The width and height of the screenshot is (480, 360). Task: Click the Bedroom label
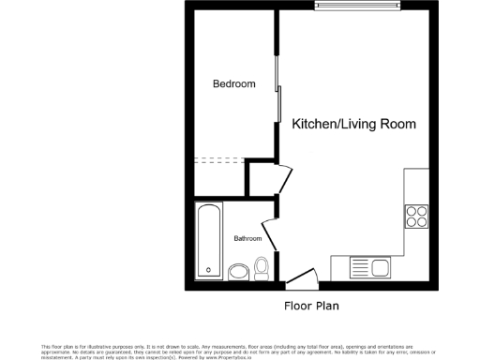233,84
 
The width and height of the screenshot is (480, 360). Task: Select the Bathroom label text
247,239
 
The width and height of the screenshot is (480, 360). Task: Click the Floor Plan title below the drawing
311,306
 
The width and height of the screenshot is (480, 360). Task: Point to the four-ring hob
415,217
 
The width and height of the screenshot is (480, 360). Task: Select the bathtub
208,241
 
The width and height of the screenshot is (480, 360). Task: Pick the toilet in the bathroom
262,269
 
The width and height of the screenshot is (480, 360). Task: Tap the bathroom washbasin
239,272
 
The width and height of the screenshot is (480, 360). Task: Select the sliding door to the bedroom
277,89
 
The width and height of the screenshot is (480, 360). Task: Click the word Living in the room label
367,124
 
